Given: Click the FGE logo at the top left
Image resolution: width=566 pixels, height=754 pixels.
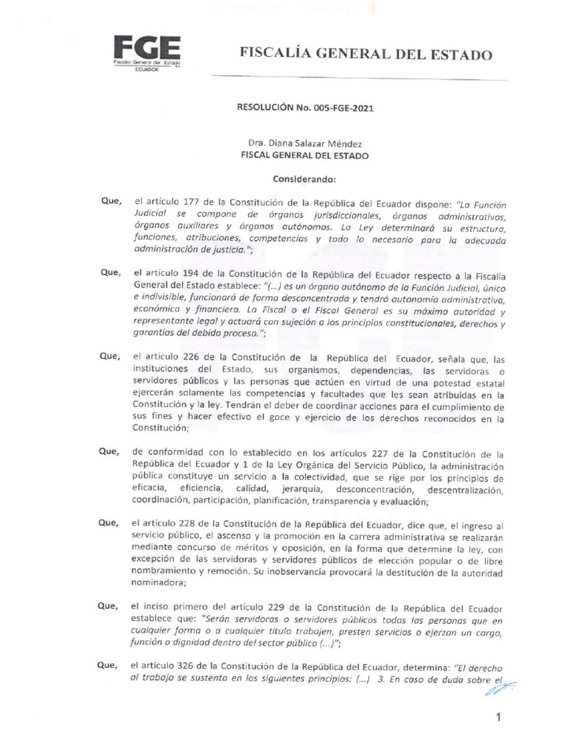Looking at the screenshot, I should (x=147, y=52).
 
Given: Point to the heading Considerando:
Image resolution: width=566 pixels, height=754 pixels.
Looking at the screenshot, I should (x=304, y=179).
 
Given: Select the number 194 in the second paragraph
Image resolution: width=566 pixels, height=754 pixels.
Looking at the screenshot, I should (x=190, y=272).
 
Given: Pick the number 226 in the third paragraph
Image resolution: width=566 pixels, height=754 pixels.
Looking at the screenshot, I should (x=190, y=356).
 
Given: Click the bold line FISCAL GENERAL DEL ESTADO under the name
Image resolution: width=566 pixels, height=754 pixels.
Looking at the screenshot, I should (x=305, y=155).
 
